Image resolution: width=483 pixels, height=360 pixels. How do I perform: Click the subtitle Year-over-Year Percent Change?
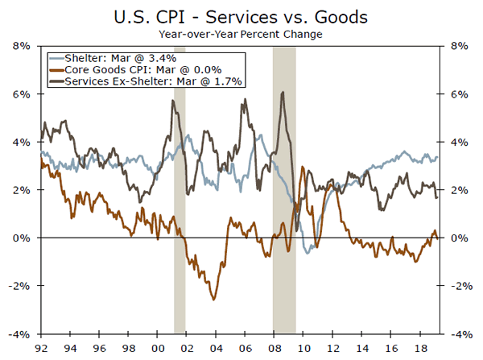point(241,34)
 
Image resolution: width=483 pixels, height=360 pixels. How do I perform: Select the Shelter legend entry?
point(121,57)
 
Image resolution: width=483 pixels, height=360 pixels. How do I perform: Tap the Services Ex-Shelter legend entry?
point(145,81)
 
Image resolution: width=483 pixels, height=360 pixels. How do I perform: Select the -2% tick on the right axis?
point(460,286)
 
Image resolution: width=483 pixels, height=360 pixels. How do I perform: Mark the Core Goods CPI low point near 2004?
point(214,299)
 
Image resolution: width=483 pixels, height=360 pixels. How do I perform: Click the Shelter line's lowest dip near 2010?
point(307,252)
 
